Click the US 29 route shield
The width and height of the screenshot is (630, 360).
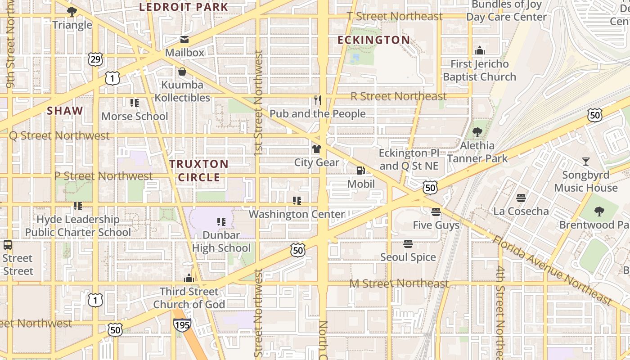(95, 59)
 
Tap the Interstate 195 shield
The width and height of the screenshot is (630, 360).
(182, 324)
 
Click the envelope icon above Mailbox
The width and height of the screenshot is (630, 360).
(184, 40)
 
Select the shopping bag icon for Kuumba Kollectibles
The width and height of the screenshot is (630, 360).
(182, 72)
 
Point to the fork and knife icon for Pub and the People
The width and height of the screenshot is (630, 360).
(318, 100)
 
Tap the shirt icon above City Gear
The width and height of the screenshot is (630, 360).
(317, 149)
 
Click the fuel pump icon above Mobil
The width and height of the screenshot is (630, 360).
(360, 171)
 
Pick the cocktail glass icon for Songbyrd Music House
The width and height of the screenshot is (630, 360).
(585, 162)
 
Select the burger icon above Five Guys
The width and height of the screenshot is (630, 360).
(436, 211)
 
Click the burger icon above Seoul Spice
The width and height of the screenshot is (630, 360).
(408, 244)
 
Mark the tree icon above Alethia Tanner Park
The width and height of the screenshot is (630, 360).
(477, 132)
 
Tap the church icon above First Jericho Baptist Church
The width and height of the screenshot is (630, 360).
(480, 50)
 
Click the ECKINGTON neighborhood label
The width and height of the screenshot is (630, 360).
(373, 40)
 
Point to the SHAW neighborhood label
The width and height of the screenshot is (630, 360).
(65, 111)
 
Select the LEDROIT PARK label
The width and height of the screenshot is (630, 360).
(184, 7)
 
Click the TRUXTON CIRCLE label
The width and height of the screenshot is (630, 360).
(199, 171)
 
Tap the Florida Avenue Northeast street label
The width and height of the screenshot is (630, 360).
(553, 269)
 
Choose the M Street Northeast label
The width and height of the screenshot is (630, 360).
(399, 283)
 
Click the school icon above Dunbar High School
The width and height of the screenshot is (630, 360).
(221, 221)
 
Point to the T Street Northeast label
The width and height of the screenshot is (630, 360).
(395, 17)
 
